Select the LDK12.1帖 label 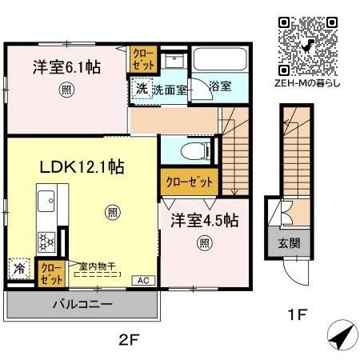click(82, 167)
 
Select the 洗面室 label click(170, 90)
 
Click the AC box click(142, 281)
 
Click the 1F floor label click(298, 315)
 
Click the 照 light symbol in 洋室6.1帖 click(64, 90)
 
